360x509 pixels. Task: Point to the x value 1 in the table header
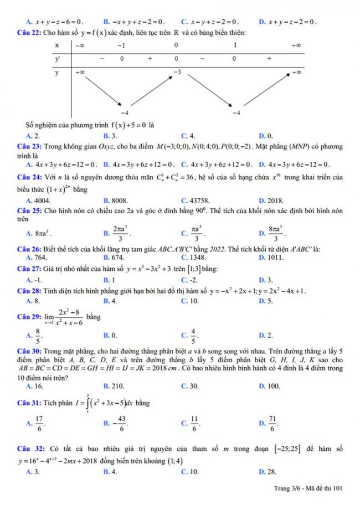pyautogui.click(x=235, y=44)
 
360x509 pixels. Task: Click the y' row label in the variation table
pyautogui.click(x=56, y=58)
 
